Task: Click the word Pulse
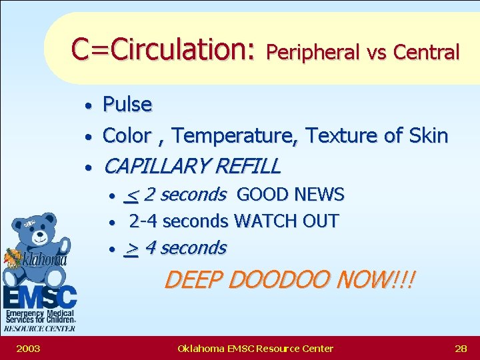[127, 105]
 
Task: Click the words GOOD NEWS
[290, 195]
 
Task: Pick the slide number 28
[460, 348]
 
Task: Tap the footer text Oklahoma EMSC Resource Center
[255, 348]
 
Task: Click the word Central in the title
[427, 51]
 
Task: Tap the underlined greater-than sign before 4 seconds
[132, 249]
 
